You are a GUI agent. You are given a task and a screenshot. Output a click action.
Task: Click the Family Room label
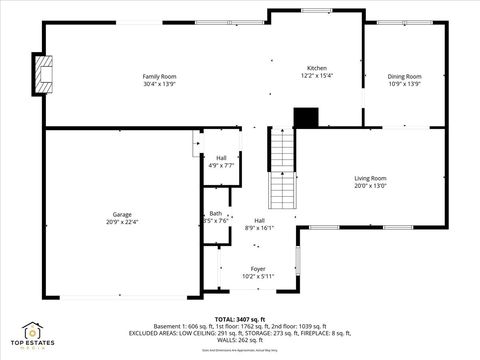coord(159,76)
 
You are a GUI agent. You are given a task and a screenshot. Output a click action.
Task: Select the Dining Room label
coord(405,76)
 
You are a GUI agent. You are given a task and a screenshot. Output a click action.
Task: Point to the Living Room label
coord(370,178)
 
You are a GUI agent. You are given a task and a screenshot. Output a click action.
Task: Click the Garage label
coord(122,214)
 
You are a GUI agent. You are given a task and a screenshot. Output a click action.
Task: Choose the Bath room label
coord(216,213)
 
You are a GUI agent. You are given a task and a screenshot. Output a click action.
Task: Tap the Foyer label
coord(258,268)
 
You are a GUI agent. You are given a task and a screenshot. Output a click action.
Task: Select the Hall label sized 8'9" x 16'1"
coord(259,220)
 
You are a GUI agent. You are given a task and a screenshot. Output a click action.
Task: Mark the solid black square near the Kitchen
coord(305,117)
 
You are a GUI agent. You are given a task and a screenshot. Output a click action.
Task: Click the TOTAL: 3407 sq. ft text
coord(239,319)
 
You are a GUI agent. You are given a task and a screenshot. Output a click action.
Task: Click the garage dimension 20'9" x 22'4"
coord(122,221)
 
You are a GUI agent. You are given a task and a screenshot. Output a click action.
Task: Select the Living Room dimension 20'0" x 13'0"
coord(370,185)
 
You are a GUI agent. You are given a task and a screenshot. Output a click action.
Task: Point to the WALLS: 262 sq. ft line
coord(240,340)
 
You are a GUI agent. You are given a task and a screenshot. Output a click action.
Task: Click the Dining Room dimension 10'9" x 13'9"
coord(405,83)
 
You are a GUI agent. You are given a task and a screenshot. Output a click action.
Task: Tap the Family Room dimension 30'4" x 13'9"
coord(159,83)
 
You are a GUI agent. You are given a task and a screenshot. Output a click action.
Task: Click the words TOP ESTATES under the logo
coord(33,344)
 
